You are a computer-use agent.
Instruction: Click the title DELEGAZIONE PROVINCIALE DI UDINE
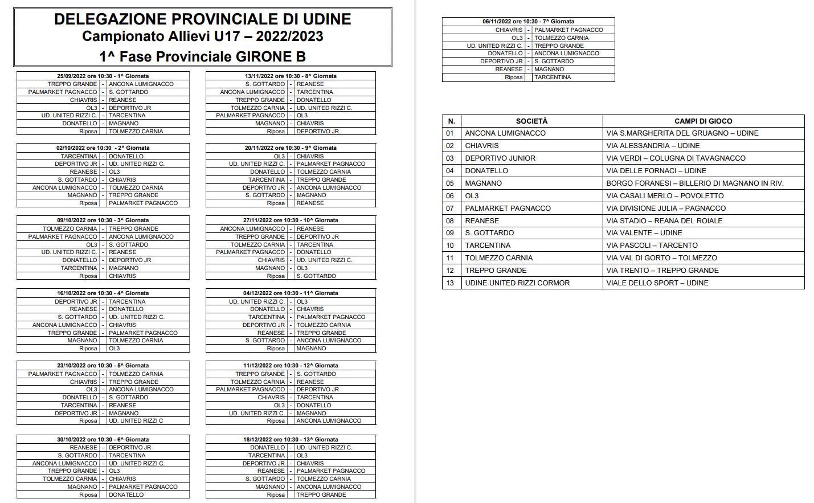pos(202,19)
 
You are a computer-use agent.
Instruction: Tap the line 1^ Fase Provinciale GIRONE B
pos(202,56)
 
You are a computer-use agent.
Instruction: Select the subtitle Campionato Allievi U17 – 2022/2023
pos(202,36)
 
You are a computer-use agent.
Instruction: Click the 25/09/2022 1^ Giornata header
pos(103,76)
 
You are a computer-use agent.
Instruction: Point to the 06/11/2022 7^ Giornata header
pos(528,22)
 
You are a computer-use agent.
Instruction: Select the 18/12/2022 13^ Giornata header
pos(291,439)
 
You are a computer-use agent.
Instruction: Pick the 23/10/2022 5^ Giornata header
pos(103,365)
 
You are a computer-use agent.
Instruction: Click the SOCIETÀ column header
pos(531,121)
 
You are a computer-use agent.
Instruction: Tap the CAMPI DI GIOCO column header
pos(703,121)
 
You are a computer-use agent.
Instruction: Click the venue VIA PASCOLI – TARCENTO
pos(652,246)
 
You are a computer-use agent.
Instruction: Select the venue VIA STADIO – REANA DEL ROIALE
pos(664,220)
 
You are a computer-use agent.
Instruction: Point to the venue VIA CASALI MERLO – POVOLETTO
pos(665,195)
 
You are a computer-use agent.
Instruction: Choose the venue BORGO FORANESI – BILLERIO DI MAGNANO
pos(694,183)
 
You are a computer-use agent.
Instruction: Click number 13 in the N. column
pos(450,283)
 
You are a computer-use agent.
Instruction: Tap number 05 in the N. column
pos(450,183)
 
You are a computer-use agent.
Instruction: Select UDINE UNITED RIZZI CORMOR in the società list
pos(517,283)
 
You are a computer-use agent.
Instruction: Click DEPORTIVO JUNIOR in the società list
pos(500,158)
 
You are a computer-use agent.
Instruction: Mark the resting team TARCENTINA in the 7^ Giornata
pos(553,77)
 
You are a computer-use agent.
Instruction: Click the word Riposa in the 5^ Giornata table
pos(88,421)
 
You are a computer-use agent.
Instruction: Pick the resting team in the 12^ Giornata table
pos(329,421)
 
